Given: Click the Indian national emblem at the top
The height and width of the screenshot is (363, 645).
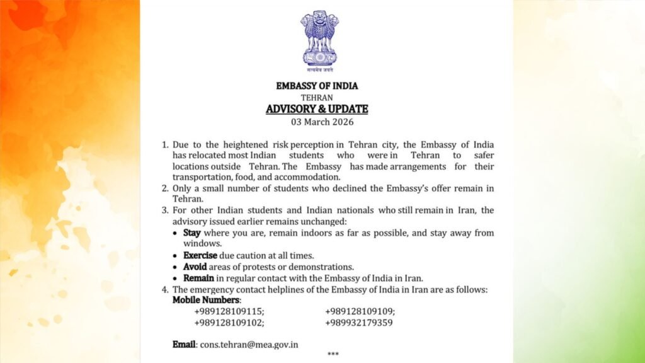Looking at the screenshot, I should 319,39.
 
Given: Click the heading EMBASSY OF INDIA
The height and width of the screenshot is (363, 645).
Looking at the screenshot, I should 317,86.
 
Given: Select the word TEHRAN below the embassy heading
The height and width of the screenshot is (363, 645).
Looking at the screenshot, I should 317,98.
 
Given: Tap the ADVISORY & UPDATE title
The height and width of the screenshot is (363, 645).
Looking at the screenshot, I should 317,109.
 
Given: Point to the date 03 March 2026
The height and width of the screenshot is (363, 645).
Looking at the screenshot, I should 317,122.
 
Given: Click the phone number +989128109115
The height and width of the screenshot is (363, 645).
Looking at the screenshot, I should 229,311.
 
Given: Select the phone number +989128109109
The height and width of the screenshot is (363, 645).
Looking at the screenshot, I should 360,311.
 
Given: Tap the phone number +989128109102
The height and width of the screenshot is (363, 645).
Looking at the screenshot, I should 229,323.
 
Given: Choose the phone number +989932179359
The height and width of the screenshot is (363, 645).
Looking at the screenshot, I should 359,323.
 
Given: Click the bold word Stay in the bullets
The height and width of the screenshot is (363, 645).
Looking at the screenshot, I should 192,233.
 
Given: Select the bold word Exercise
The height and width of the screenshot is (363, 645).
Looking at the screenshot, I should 200,255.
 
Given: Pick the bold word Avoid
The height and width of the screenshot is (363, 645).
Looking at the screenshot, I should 195,267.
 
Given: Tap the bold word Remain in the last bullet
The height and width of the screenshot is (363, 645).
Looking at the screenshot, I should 198,278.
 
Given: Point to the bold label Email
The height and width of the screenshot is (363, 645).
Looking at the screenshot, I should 185,345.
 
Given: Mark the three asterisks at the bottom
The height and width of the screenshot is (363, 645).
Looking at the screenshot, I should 333,355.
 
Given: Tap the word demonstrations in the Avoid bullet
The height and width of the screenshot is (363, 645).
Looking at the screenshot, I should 319,267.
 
